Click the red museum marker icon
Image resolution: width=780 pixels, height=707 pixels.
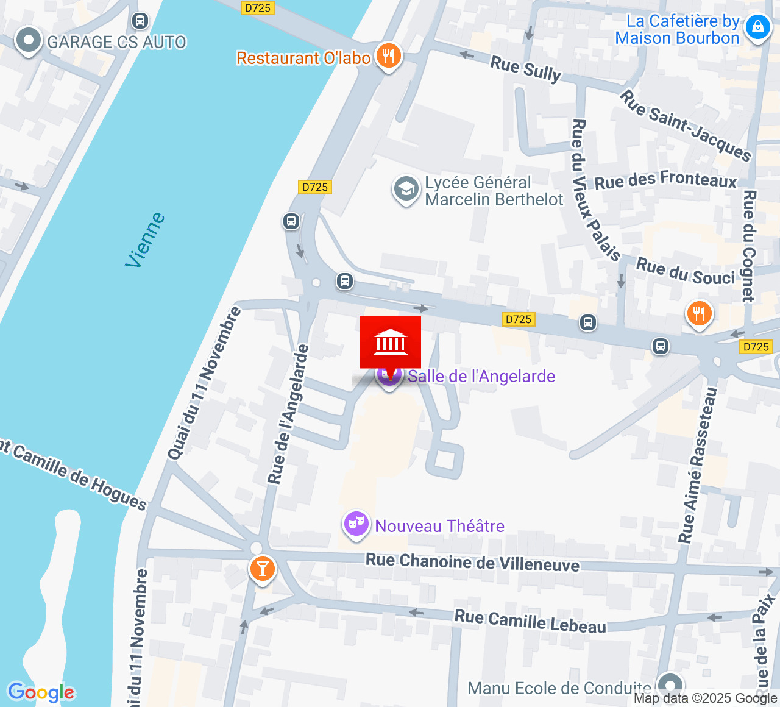click(x=390, y=343)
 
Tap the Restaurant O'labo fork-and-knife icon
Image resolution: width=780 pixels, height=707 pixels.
click(x=388, y=57)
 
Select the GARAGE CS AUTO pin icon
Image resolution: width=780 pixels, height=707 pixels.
click(x=28, y=41)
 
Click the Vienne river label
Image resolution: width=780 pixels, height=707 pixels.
click(x=145, y=240)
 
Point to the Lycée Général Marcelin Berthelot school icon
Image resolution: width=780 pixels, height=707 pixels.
click(x=406, y=190)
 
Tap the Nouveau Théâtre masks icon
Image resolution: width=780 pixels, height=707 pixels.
click(x=356, y=524)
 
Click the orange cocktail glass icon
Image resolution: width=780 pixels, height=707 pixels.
click(x=262, y=569)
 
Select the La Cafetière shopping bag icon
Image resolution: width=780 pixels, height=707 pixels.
click(x=757, y=28)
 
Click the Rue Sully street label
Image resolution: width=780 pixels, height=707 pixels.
click(x=525, y=68)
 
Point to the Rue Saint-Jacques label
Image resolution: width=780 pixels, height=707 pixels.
click(x=686, y=126)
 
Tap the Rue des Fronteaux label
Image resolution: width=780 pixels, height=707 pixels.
click(x=665, y=180)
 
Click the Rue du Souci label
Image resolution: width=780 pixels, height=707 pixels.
click(x=686, y=271)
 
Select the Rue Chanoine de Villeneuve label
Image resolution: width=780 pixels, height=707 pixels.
click(x=472, y=562)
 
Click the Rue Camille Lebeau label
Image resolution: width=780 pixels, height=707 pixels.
click(x=530, y=621)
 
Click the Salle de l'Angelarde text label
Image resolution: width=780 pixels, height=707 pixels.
click(x=481, y=376)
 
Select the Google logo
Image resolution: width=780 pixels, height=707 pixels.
click(x=41, y=692)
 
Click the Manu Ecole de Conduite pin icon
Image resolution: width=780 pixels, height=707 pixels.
click(x=670, y=683)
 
